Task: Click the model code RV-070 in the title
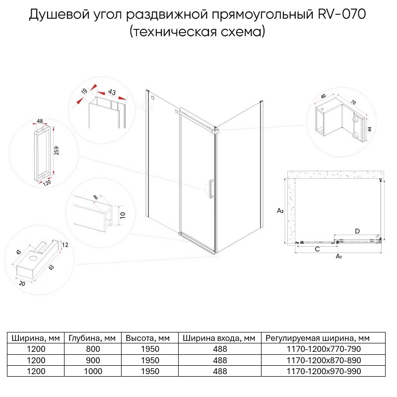coord(341,15)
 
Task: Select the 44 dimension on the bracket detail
coord(369,129)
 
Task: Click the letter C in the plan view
coord(317,249)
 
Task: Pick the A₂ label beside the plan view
coord(280,211)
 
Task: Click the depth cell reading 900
coord(92,360)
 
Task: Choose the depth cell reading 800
coord(92,349)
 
